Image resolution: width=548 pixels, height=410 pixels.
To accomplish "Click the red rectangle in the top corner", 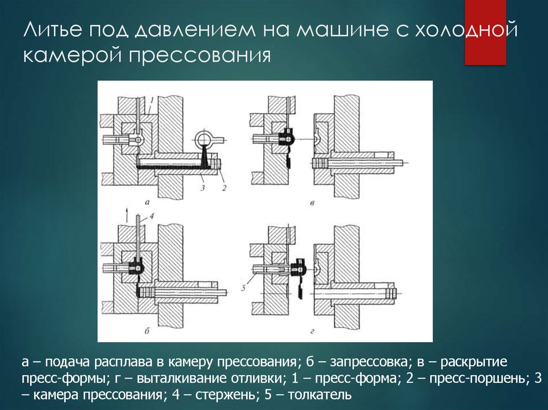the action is tap(485, 33).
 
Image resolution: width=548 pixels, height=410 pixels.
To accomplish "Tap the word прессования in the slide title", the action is tap(200, 56).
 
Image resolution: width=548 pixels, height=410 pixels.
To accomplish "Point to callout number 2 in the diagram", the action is tap(224, 188).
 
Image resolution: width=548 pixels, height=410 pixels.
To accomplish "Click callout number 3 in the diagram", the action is tap(202, 188).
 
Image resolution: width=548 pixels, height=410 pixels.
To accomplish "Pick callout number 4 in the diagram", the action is tap(151, 216).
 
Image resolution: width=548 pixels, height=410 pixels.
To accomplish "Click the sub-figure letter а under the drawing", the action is tap(147, 202).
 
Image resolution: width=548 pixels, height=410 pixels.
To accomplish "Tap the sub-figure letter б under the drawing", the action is tap(147, 330).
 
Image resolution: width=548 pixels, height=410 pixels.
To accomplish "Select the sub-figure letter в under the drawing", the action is tap(312, 203).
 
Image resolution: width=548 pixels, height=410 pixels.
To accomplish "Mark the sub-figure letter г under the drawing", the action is tap(312, 331).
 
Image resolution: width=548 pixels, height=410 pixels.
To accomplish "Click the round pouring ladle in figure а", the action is tap(204, 139).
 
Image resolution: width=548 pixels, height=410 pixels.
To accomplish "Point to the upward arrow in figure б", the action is tap(126, 213).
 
